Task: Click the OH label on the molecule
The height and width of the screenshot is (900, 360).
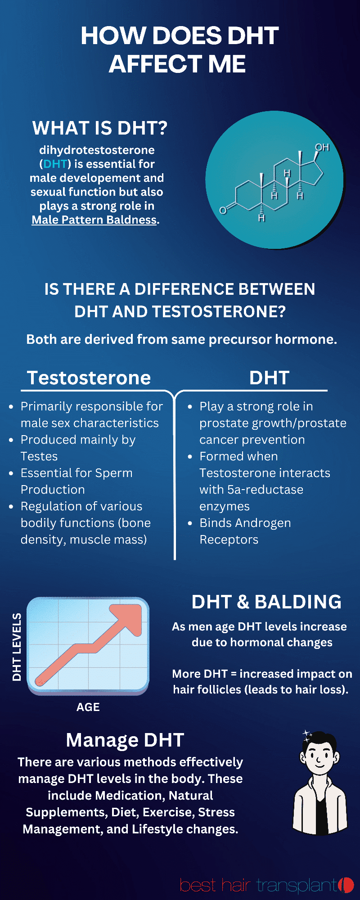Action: click(322, 148)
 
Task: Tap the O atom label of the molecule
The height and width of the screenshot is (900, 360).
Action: click(222, 211)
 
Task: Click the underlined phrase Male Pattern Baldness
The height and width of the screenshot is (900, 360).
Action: click(94, 220)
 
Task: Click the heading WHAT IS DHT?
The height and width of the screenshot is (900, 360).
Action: click(99, 128)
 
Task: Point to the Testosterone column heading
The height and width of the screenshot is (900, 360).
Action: click(89, 378)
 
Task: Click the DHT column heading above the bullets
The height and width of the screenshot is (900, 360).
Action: click(269, 378)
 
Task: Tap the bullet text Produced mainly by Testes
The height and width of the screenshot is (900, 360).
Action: click(77, 448)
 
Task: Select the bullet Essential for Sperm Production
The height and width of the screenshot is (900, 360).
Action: click(76, 481)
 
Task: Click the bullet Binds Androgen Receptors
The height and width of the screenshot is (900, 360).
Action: click(244, 531)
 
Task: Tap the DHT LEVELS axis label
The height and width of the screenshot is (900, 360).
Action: click(17, 647)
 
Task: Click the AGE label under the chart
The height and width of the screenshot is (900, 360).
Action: click(88, 707)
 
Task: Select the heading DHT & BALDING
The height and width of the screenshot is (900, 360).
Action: click(266, 602)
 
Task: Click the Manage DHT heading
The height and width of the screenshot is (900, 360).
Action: click(125, 740)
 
